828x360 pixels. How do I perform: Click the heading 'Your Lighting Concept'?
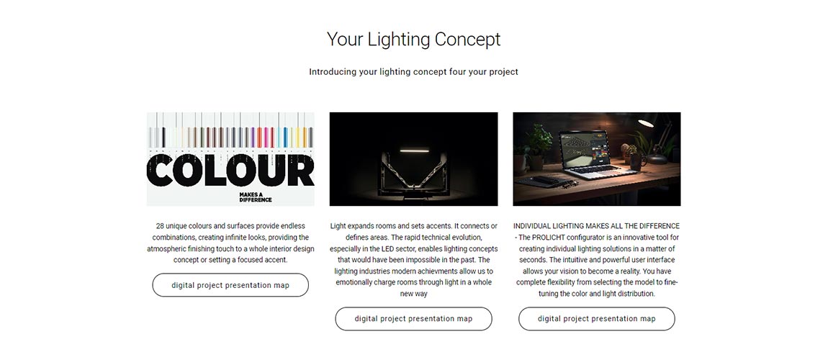point(413,39)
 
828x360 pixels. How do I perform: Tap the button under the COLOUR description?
point(230,285)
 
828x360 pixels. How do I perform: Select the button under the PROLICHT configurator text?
point(596,318)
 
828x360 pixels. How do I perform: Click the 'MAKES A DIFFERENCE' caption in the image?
point(256,197)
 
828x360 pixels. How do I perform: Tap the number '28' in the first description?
point(160,226)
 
